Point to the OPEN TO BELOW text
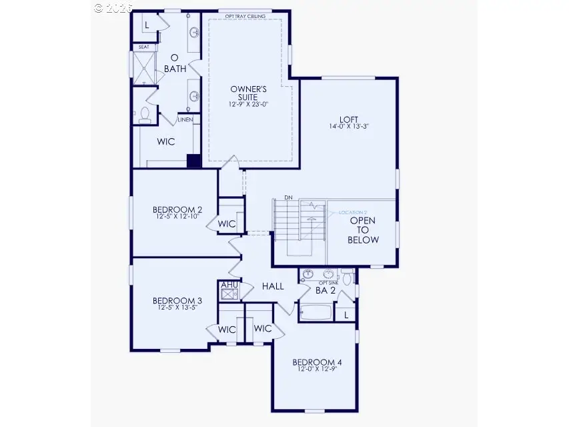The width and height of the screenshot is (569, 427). click(x=363, y=230)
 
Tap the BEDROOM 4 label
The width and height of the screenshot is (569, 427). click(x=316, y=363)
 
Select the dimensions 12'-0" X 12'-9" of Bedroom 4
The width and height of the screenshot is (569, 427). click(x=316, y=372)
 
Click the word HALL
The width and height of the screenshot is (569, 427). click(x=273, y=286)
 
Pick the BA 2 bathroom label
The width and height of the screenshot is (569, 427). click(x=325, y=290)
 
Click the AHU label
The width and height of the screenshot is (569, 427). click(x=229, y=285)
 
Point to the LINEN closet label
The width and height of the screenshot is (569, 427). click(x=185, y=120)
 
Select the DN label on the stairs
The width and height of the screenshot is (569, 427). click(x=288, y=197)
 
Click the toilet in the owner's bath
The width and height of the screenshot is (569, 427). click(x=144, y=115)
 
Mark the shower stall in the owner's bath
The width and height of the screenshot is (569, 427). click(x=143, y=68)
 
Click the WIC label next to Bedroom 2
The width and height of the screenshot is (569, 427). click(x=227, y=224)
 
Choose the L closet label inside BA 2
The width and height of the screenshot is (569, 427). click(x=346, y=314)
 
